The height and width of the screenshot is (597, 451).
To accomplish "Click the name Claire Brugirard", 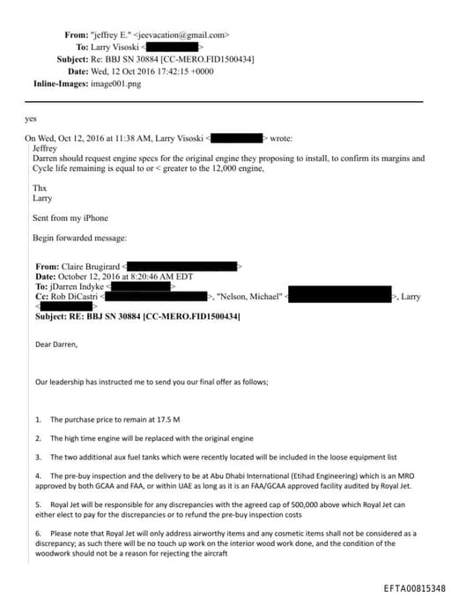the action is pyautogui.click(x=91, y=266).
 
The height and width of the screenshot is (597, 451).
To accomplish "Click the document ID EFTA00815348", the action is pyautogui.click(x=414, y=587).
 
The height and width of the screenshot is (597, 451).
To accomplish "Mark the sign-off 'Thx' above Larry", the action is pyautogui.click(x=39, y=188).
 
